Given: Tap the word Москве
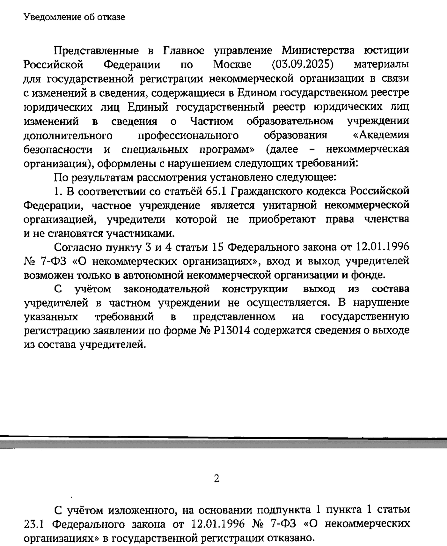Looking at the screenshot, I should [x=232, y=64].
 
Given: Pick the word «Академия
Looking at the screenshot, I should [x=381, y=135].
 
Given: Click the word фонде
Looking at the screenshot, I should [x=369, y=275].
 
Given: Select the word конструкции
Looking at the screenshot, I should [x=255, y=289].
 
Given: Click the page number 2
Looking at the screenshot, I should [x=216, y=478].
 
